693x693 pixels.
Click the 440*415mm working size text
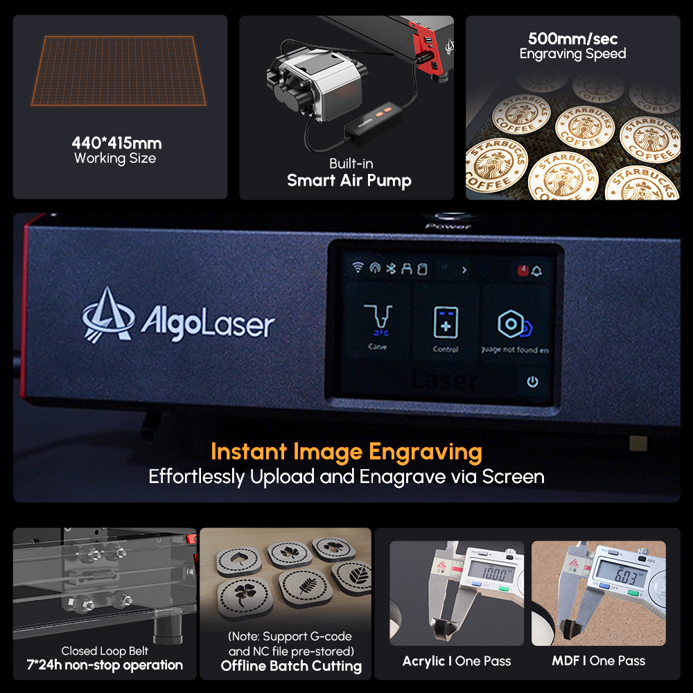[x=116, y=143]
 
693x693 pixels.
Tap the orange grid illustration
[x=120, y=71]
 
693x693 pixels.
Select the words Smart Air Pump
[x=349, y=181]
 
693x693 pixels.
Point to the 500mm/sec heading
[x=572, y=39]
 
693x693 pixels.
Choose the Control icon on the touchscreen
[x=446, y=323]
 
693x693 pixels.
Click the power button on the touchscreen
[x=532, y=382]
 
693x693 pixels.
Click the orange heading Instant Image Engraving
[x=346, y=452]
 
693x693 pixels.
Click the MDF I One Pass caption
[x=598, y=661]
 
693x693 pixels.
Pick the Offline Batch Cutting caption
[x=291, y=666]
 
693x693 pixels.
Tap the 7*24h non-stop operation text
[x=105, y=665]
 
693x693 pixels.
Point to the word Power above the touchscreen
[x=448, y=226]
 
